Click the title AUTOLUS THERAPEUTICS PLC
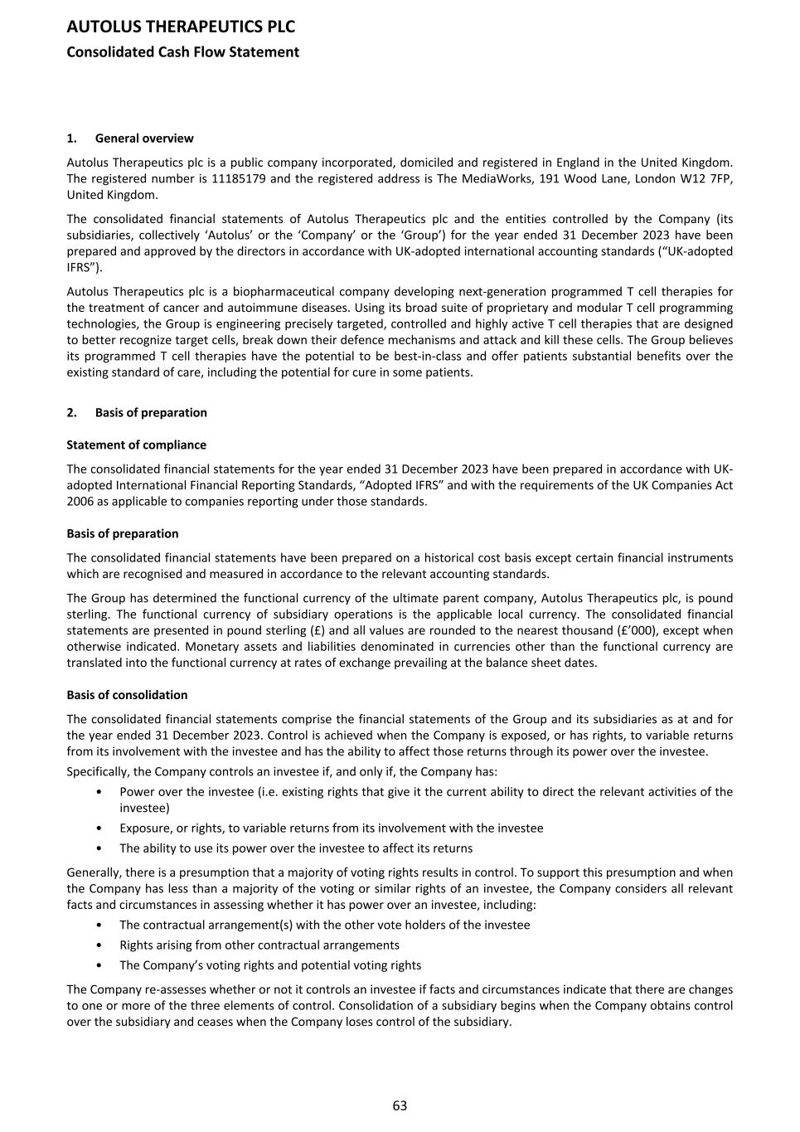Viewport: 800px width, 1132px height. coord(181,27)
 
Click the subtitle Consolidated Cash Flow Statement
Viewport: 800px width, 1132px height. coord(182,52)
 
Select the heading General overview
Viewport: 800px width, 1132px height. coord(144,138)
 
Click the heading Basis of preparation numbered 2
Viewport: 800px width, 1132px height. coord(151,412)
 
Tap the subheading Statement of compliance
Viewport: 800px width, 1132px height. coord(137,445)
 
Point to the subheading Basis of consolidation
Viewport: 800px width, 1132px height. coord(127,695)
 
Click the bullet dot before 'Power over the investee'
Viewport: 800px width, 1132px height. coord(99,792)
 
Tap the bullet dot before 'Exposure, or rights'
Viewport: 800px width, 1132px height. coord(99,828)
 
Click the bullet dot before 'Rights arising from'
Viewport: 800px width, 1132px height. coord(99,945)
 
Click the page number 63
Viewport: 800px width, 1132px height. coord(400,1105)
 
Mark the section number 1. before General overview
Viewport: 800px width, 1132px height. coord(72,138)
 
